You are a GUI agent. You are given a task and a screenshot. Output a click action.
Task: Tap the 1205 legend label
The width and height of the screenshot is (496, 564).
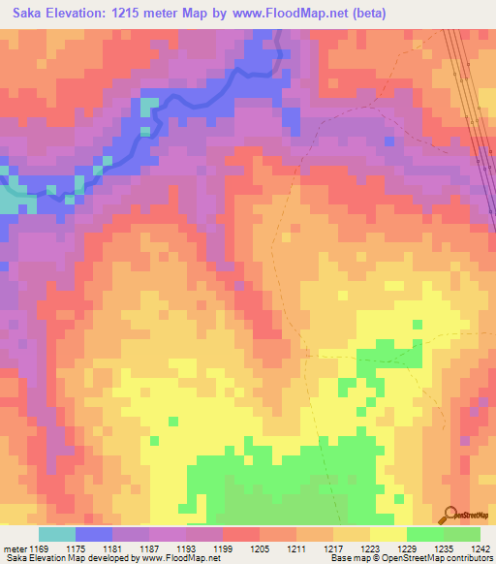[259, 548]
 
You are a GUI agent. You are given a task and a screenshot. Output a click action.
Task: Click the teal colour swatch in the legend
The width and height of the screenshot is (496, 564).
[57, 534]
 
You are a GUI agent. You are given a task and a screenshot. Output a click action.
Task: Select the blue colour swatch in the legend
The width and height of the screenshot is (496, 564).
[94, 534]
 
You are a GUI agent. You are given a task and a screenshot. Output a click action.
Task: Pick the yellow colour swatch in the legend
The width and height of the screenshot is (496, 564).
[387, 534]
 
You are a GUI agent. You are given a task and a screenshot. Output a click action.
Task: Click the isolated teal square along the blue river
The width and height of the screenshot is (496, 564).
[147, 106]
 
